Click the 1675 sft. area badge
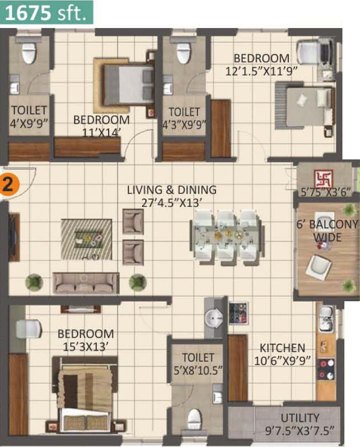pos(46,12)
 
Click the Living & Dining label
pos(171,189)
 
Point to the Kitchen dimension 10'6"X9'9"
pos(282,361)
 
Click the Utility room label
pos(300,418)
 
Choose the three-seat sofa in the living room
pos(86,283)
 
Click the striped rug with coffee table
pos(86,239)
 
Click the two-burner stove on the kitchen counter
pos(326,369)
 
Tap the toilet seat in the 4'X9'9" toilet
pos(29,53)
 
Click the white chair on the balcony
pos(318,267)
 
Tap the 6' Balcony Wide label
pos(327,230)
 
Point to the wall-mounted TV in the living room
pos(14,237)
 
